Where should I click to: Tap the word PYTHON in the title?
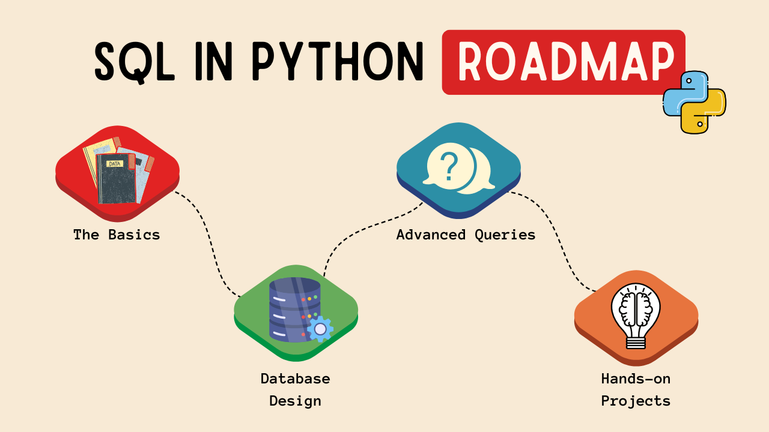[x=338, y=62]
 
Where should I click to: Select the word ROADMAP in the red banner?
[x=564, y=62]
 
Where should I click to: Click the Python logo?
[x=695, y=102]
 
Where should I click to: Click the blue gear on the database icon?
[x=320, y=329]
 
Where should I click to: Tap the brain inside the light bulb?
[x=636, y=309]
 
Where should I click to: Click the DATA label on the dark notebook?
[x=114, y=163]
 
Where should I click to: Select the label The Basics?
[x=117, y=235]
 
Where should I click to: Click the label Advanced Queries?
[x=466, y=235]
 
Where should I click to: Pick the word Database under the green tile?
[x=295, y=379]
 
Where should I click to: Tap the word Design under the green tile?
[x=295, y=401]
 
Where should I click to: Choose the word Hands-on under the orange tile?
[x=636, y=379]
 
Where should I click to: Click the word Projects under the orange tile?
[x=636, y=401]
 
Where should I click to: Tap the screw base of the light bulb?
[x=636, y=342]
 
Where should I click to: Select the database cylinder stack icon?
[x=294, y=309]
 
